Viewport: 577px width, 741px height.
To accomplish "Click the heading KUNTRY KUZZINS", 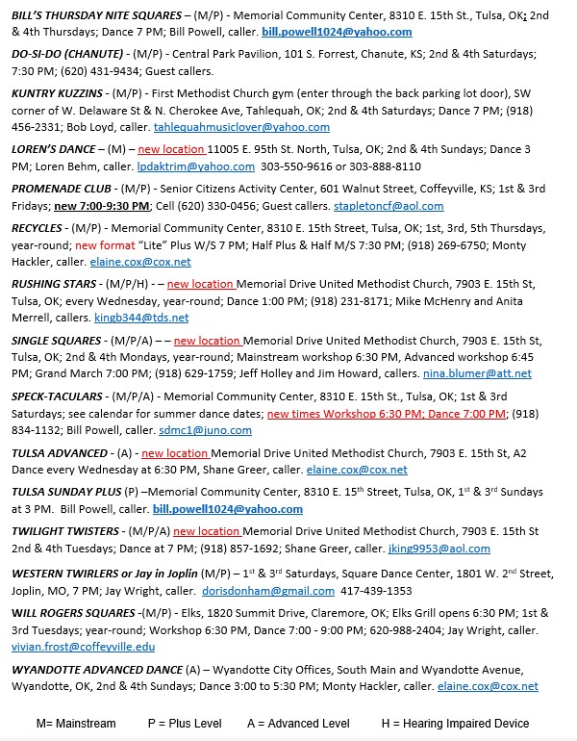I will click(58, 93).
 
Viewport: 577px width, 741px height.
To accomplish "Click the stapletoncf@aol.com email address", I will click(389, 206).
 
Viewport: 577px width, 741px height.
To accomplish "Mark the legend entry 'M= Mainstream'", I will click(76, 723).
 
